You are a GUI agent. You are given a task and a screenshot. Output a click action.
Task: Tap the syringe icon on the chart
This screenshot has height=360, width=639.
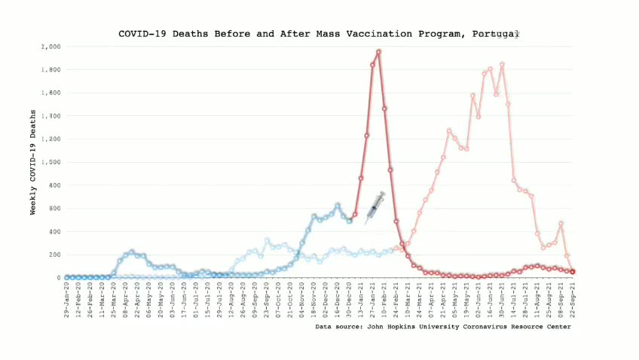click(375, 207)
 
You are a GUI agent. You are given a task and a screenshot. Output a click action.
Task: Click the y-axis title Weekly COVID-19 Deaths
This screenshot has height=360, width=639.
click(33, 162)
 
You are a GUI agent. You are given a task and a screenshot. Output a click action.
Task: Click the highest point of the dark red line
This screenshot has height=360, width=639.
click(378, 52)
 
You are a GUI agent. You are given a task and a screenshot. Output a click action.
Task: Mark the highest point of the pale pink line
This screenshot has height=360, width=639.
click(502, 65)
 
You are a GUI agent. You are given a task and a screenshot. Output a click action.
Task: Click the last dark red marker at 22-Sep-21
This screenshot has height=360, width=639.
click(573, 271)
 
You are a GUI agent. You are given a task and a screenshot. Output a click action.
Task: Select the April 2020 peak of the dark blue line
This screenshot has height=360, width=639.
click(132, 252)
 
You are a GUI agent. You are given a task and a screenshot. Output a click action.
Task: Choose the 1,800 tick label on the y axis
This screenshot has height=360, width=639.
click(51, 70)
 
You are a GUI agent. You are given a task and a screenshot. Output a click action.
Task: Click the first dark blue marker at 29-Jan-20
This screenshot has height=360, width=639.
click(66, 277)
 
